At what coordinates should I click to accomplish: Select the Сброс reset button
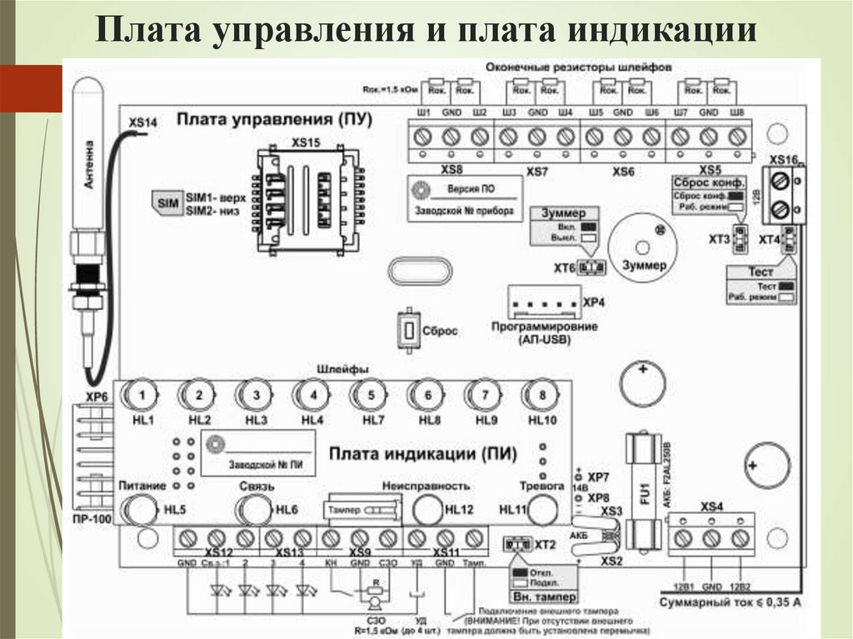click(x=409, y=331)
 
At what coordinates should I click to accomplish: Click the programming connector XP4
click(x=542, y=302)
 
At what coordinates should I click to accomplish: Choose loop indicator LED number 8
click(x=541, y=394)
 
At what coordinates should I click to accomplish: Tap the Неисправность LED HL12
click(x=426, y=509)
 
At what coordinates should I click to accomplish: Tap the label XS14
click(x=142, y=123)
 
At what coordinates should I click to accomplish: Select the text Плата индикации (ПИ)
click(x=422, y=454)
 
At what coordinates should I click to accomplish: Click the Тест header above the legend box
click(x=761, y=272)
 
